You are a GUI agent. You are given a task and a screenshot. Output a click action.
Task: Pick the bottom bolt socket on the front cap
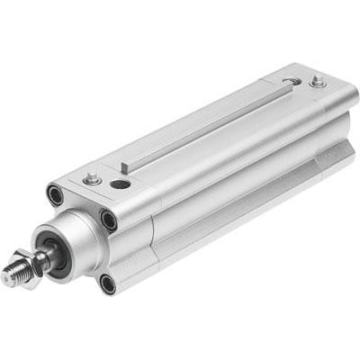tap(108, 284)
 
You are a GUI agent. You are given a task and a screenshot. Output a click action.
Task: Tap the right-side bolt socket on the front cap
tap(109, 219)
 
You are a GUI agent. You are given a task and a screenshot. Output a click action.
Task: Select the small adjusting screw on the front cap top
tap(91, 180)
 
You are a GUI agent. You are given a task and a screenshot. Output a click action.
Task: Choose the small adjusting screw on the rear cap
tap(317, 82)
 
